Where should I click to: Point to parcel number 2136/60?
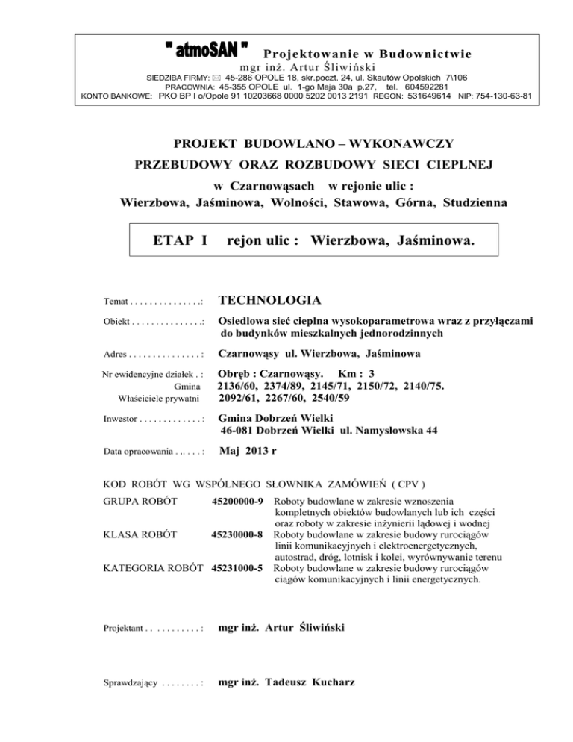coord(242,384)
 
